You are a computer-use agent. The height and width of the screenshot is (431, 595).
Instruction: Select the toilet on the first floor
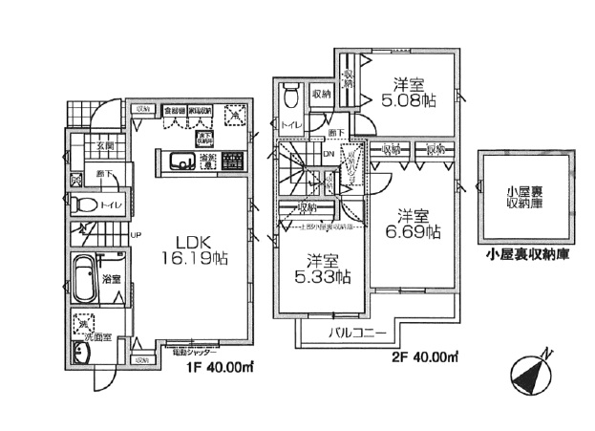(x=85, y=205)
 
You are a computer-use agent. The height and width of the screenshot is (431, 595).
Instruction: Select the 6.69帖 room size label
(x=420, y=224)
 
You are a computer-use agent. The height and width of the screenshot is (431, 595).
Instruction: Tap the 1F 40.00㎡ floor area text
(x=216, y=365)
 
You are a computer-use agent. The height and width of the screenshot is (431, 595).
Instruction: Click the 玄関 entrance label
(x=104, y=145)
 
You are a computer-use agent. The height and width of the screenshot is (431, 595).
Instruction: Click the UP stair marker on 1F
(x=136, y=234)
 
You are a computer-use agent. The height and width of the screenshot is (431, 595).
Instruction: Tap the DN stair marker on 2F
(x=329, y=153)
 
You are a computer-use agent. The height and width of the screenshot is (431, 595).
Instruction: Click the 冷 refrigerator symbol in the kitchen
(x=233, y=116)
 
